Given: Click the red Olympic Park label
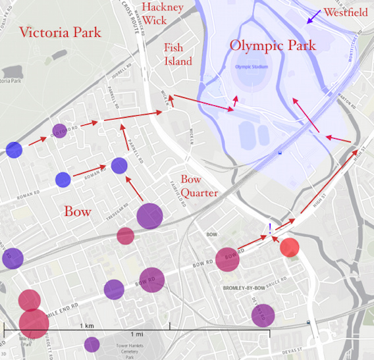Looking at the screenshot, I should tap(272, 46).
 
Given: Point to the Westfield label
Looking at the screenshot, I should tap(346, 12).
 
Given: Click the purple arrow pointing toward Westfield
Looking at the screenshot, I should tap(315, 16).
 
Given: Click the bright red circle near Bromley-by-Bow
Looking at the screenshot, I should tap(290, 247).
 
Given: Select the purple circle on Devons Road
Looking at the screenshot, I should tap(263, 315).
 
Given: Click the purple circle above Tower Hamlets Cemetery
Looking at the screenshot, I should tap(92, 344).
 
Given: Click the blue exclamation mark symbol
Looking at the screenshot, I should tap(269, 229).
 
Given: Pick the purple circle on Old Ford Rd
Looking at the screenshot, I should tap(59, 130).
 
